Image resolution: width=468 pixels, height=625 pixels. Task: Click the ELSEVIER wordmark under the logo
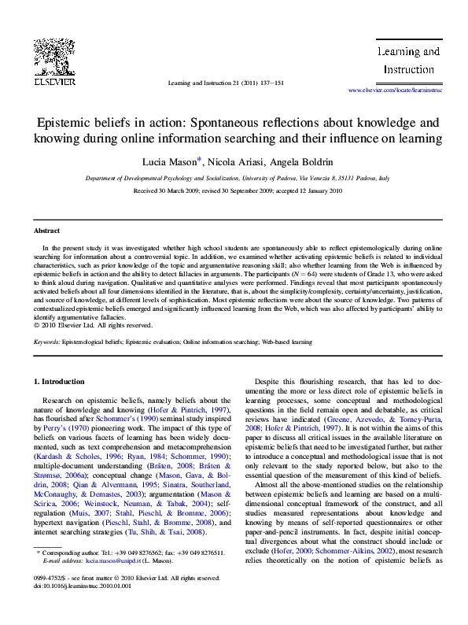pyautogui.click(x=53, y=80)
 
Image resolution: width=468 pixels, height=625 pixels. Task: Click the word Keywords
pyautogui.click(x=46, y=342)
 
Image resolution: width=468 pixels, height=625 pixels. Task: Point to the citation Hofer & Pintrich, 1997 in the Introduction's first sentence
pyautogui.click(x=184, y=410)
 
